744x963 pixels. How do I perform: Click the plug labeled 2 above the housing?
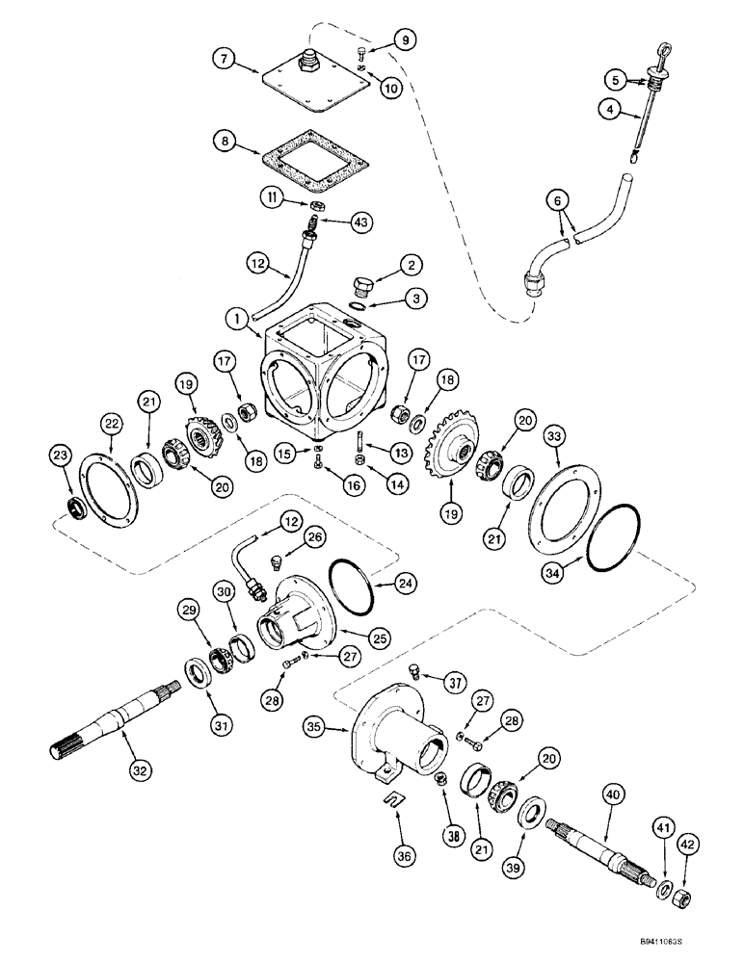tap(363, 285)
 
